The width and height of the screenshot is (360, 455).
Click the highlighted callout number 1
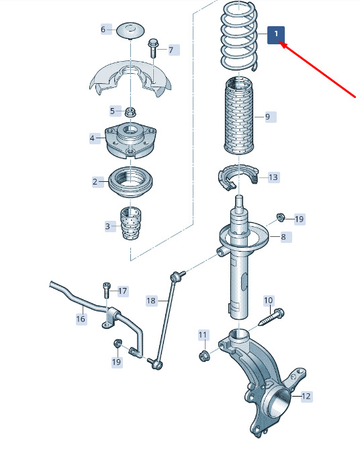tap(276, 35)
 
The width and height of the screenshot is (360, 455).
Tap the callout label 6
tap(103, 30)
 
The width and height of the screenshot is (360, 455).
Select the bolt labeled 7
tap(152, 48)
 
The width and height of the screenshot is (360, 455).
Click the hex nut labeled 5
tap(130, 111)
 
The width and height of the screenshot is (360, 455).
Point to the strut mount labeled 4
tap(131, 141)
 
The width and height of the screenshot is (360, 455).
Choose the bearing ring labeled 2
tap(131, 181)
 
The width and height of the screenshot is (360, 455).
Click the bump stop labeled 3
tap(131, 223)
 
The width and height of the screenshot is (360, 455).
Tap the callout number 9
tap(268, 117)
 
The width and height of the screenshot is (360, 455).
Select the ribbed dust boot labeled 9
tap(239, 115)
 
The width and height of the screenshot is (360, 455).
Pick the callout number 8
tap(283, 237)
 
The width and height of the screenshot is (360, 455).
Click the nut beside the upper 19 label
tap(280, 217)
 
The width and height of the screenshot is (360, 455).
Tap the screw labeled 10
tap(271, 317)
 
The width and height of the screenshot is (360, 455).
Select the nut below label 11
tap(204, 356)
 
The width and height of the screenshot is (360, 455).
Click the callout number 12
tap(306, 397)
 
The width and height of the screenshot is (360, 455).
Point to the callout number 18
tap(151, 301)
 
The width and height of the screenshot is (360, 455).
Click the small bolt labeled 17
tap(106, 291)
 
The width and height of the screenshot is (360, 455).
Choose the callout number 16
tap(81, 319)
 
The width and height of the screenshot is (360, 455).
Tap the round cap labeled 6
tap(130, 30)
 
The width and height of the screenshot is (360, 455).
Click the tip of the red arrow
tap(281, 43)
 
